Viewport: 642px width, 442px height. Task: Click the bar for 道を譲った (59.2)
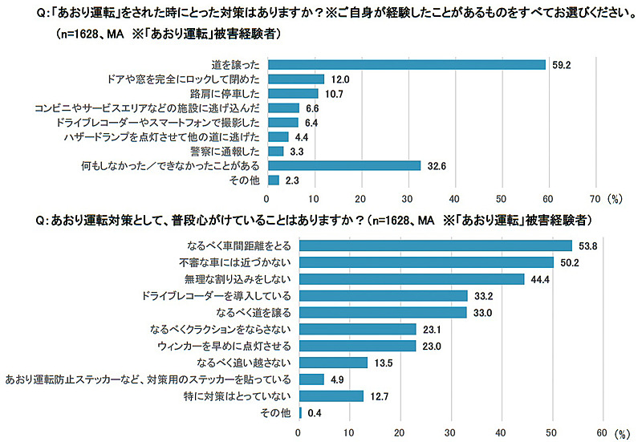pyautogui.click(x=406, y=64)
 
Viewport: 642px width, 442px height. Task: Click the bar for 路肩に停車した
pyautogui.click(x=292, y=93)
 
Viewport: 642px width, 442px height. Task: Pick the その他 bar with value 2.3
pyautogui.click(x=273, y=180)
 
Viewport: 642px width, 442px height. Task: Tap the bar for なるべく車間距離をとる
pyautogui.click(x=435, y=245)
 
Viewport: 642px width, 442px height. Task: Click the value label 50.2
pyautogui.click(x=568, y=262)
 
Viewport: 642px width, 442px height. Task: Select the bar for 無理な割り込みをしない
pyautogui.click(x=411, y=278)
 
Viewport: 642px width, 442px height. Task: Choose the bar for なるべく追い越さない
pyautogui.click(x=332, y=362)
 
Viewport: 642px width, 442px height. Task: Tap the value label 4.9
pyautogui.click(x=337, y=379)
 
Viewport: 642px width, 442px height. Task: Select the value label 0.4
pyautogui.click(x=315, y=412)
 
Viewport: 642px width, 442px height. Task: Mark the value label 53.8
pyautogui.click(x=587, y=245)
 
